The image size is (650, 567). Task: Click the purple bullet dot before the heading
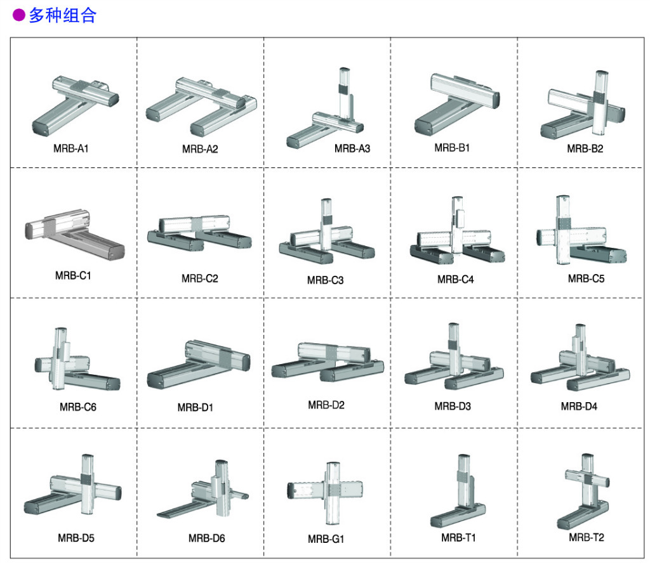pyautogui.click(x=19, y=16)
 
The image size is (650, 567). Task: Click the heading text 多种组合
pyautogui.click(x=62, y=16)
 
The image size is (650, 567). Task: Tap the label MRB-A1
pyautogui.click(x=71, y=149)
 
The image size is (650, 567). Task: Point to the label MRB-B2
pyautogui.click(x=585, y=149)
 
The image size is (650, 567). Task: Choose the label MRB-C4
pyautogui.click(x=455, y=279)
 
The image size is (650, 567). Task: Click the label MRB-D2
pyautogui.click(x=326, y=405)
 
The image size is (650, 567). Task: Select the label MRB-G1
pyautogui.click(x=326, y=539)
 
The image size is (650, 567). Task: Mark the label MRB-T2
pyautogui.click(x=586, y=538)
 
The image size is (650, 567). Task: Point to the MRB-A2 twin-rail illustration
pyautogui.click(x=202, y=105)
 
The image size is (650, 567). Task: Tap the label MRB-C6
pyautogui.click(x=78, y=407)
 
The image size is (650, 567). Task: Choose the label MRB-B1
pyautogui.click(x=452, y=148)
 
